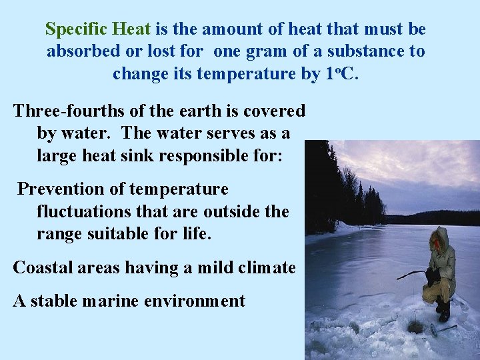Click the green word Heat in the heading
pos(133,29)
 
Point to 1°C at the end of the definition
pos(342,73)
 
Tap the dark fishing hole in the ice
pos(416,327)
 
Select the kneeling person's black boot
pos(443,312)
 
